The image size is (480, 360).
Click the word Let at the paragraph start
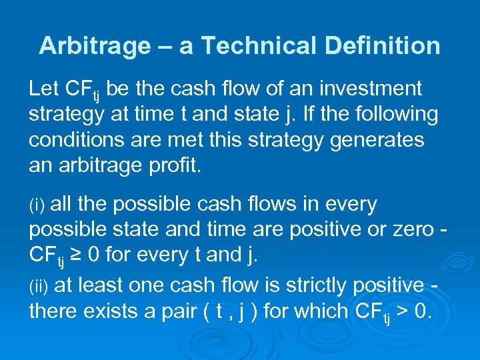[x=44, y=88]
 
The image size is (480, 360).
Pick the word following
[x=391, y=114]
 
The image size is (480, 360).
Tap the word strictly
[x=306, y=285]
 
